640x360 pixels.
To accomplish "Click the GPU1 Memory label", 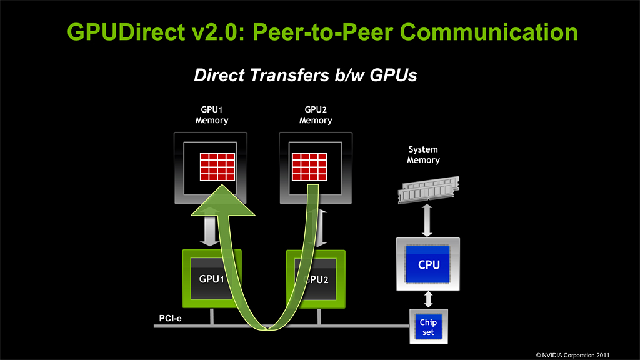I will pyautogui.click(x=212, y=115).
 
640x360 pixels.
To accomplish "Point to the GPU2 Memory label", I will pyautogui.click(x=316, y=115).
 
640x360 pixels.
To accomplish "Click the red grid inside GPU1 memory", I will pyautogui.click(x=217, y=166).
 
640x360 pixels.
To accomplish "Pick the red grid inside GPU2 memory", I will pyautogui.click(x=309, y=166).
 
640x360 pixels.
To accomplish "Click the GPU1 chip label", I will pyautogui.click(x=212, y=279).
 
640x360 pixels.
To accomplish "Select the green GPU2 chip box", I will pyautogui.click(x=325, y=279).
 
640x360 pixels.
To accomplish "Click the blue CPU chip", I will pyautogui.click(x=429, y=264).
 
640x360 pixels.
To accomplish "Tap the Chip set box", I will pyautogui.click(x=428, y=327).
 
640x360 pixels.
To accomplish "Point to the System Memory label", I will pyautogui.click(x=423, y=155).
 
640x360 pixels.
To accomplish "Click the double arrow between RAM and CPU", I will pyautogui.click(x=428, y=221).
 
